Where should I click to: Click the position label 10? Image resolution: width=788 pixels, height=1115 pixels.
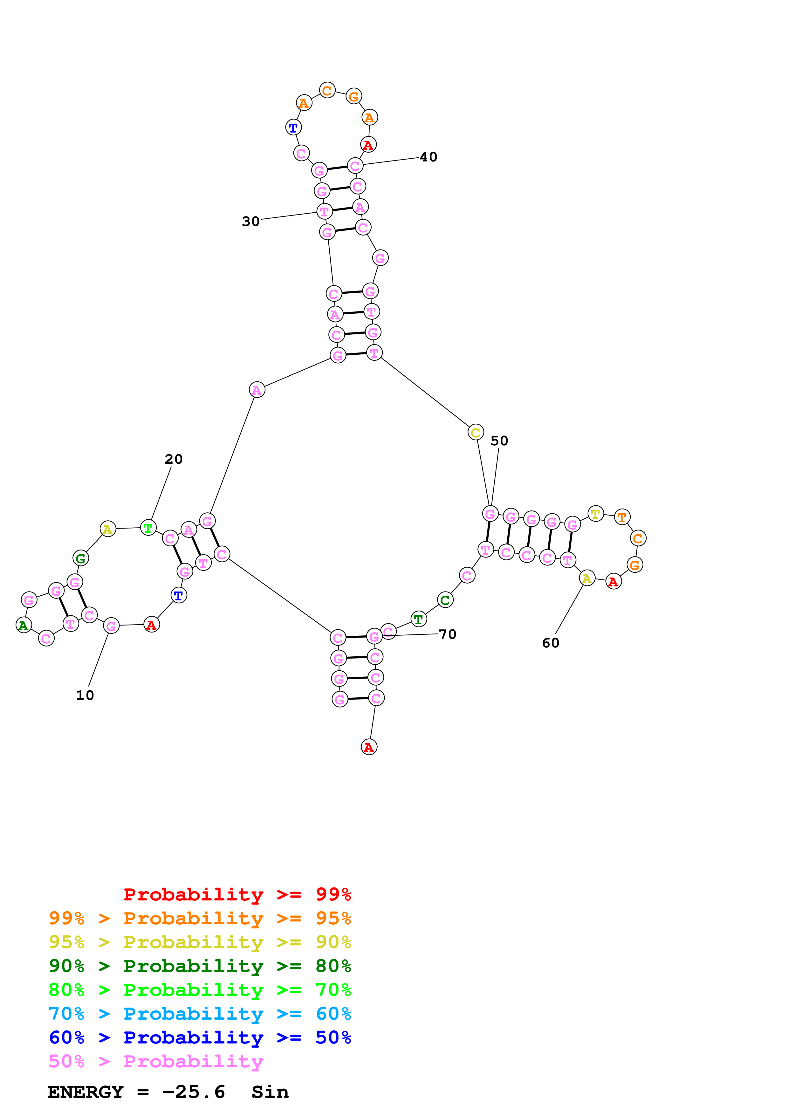click(x=85, y=695)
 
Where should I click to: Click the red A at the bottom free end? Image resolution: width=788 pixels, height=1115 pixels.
click(x=369, y=747)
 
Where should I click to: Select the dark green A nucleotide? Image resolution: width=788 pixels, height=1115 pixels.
click(x=23, y=626)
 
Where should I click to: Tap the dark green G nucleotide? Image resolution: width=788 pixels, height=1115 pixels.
click(x=81, y=558)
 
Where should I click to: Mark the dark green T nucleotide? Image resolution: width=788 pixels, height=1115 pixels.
click(x=419, y=619)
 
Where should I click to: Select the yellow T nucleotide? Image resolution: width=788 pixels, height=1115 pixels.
click(x=596, y=513)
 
